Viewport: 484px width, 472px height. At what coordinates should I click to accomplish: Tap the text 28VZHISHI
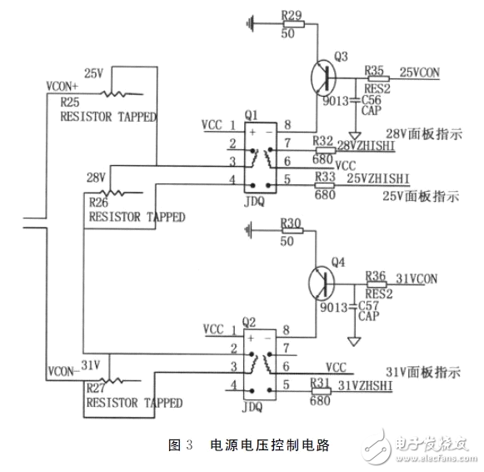pyautogui.click(x=363, y=145)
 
